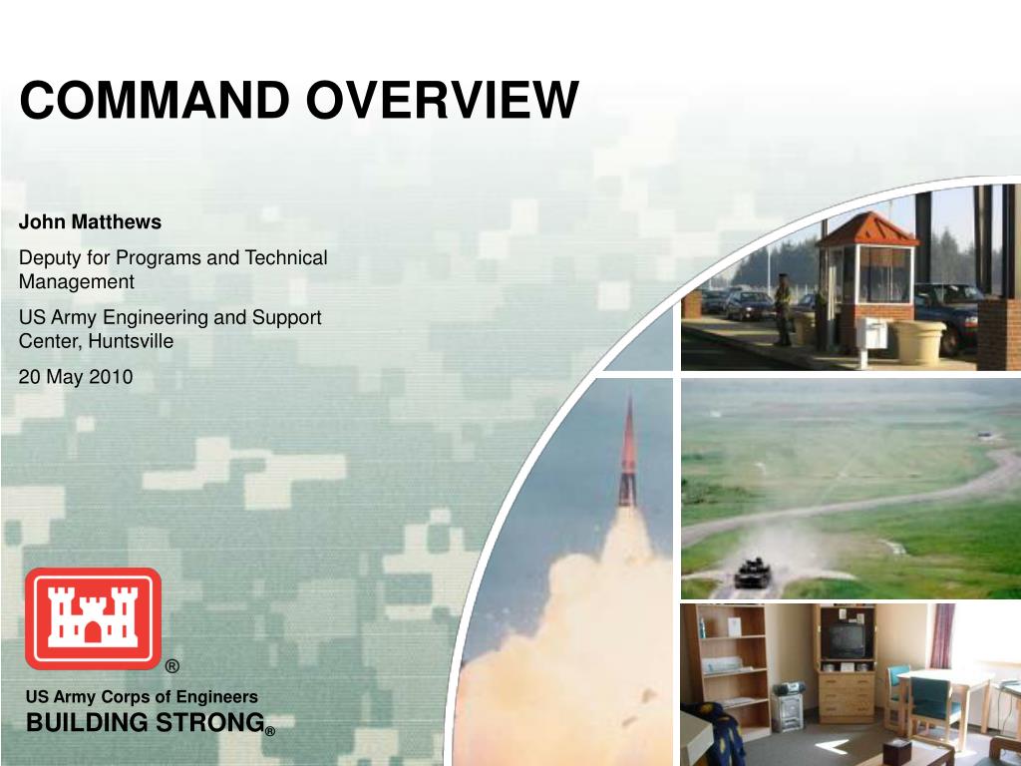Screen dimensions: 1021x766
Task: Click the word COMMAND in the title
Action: point(155,100)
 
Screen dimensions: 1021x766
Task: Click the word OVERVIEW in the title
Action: point(443,100)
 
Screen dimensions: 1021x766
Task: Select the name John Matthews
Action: point(90,222)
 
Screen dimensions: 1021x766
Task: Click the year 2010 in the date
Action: point(111,377)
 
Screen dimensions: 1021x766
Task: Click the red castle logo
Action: point(93,618)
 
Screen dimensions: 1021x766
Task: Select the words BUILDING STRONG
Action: point(146,722)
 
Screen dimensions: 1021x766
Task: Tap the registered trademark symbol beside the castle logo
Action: point(171,665)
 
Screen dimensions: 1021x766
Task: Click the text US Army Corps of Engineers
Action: point(142,697)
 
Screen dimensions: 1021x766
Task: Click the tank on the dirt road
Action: point(753,574)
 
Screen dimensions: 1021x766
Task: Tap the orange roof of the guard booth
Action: point(868,230)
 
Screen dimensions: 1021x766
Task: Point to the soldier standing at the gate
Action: point(784,310)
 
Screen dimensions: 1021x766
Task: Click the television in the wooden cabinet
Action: point(846,640)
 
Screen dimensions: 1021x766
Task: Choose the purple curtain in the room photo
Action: point(941,635)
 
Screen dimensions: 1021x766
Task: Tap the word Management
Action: point(76,282)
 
